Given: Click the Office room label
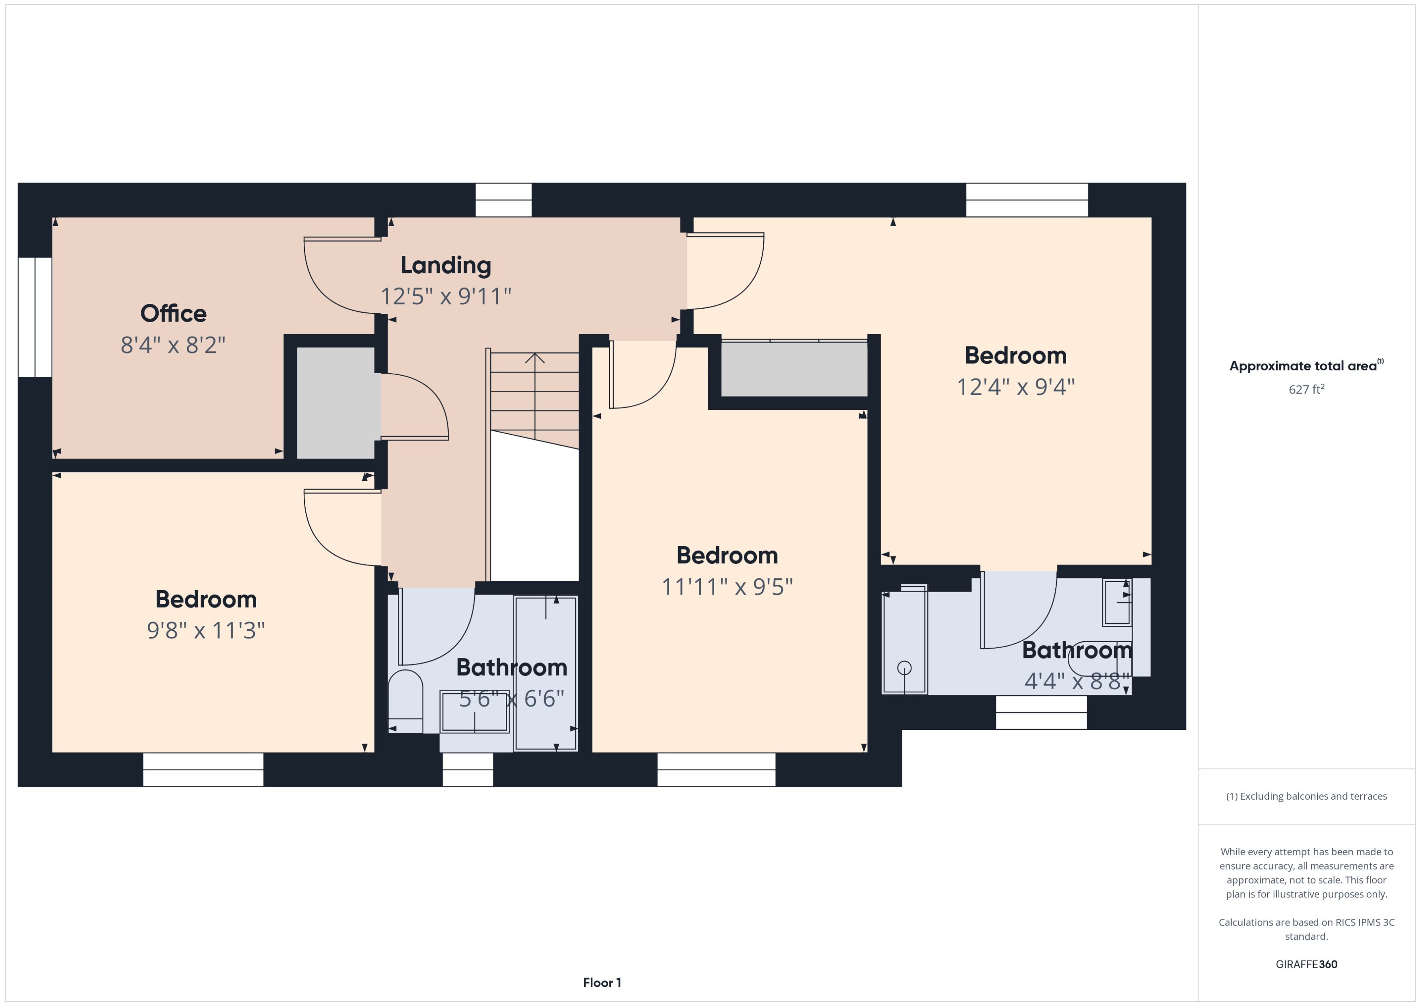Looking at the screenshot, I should coord(173,314).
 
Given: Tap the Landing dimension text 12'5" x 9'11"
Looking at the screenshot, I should coord(445,296).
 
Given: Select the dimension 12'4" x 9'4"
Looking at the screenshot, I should coord(1015,387).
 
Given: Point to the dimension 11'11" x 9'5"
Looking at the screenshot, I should coord(727,586).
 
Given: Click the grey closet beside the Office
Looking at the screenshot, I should coord(336,402).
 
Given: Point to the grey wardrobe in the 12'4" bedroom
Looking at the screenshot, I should coord(795,369).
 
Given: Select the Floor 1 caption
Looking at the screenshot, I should coord(602,982).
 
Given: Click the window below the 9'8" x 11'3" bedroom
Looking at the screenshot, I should coord(203,769).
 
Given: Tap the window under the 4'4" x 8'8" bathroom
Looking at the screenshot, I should coord(1041,712).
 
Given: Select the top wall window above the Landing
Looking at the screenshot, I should coord(503,199).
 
